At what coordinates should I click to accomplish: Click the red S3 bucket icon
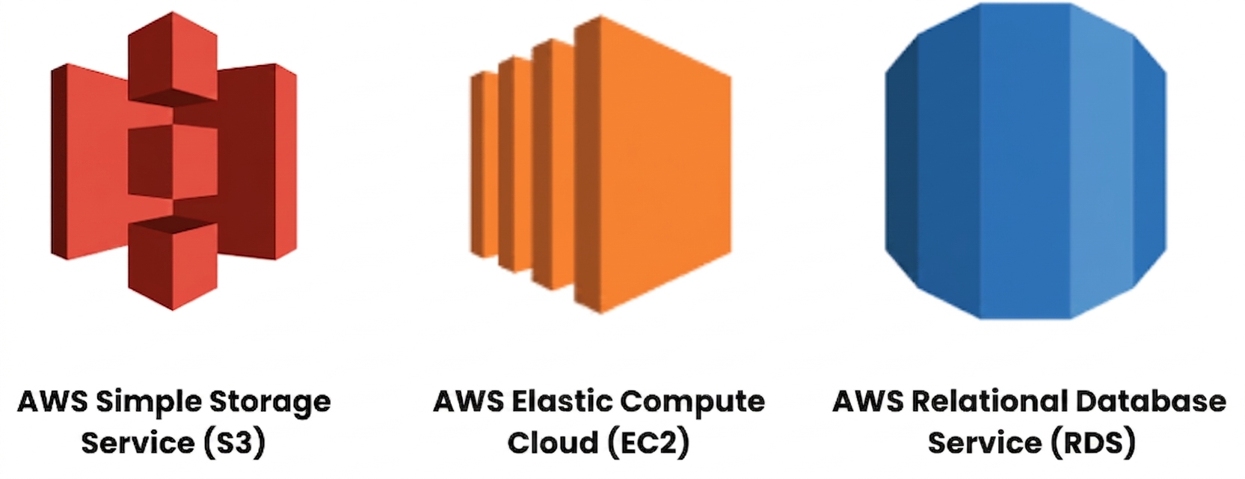[x=173, y=162]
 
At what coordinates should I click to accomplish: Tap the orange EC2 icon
[x=600, y=165]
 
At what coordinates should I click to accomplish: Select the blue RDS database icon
[x=1025, y=162]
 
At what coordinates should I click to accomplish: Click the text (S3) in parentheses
[x=234, y=443]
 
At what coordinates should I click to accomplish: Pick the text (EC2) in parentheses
[x=648, y=443]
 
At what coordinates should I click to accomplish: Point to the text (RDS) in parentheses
[x=1092, y=443]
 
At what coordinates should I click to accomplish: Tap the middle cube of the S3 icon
[x=173, y=162]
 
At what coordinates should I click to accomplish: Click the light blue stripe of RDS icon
[x=1101, y=162]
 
